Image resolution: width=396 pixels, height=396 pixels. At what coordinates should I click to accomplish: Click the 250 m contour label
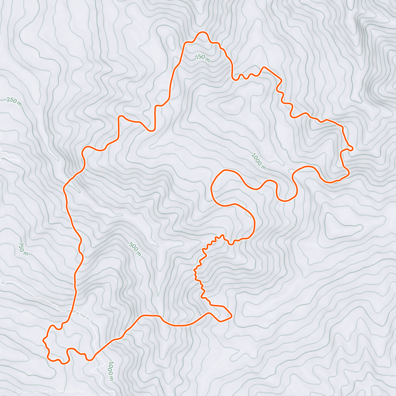pos(14,102)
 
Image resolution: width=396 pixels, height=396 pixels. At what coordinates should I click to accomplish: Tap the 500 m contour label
pos(135,249)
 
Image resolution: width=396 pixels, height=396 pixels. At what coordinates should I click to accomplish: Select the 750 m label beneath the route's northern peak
pos(202,58)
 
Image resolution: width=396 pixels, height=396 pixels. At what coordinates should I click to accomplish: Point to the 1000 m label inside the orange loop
pos(258,161)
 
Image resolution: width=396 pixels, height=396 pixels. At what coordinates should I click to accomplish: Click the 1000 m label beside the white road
pos(111,371)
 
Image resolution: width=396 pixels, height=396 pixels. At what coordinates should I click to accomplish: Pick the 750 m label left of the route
pos(23,249)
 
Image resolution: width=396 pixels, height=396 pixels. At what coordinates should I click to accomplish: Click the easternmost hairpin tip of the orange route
pos(353,148)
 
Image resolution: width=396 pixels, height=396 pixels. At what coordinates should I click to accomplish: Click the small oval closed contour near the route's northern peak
pos(171,41)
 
